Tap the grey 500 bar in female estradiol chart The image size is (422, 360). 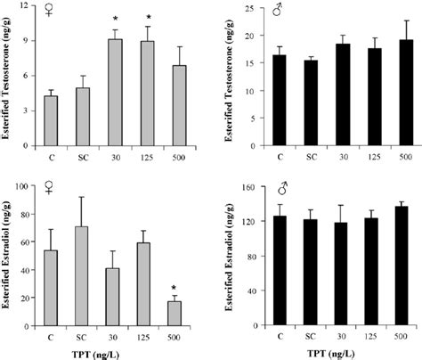[x=176, y=315]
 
